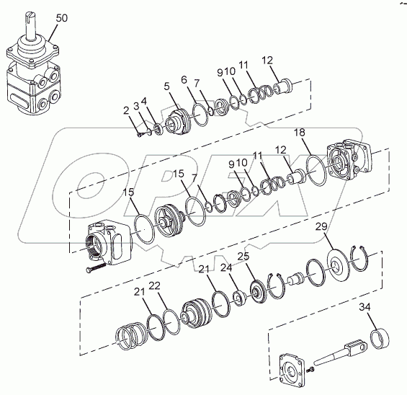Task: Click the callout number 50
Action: click(61, 18)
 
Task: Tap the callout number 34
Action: click(364, 307)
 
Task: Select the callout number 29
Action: click(321, 226)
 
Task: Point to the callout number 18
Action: click(300, 133)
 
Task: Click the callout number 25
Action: click(243, 256)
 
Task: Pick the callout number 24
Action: click(226, 267)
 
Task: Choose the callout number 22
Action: click(154, 286)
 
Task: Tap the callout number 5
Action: click(166, 86)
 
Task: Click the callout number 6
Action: click(184, 80)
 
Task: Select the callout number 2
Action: click(126, 111)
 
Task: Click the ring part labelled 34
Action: click(380, 339)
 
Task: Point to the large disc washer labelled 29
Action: click(338, 265)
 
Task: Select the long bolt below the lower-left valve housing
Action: click(96, 267)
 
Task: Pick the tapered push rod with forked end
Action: click(340, 354)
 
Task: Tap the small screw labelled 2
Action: click(140, 135)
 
